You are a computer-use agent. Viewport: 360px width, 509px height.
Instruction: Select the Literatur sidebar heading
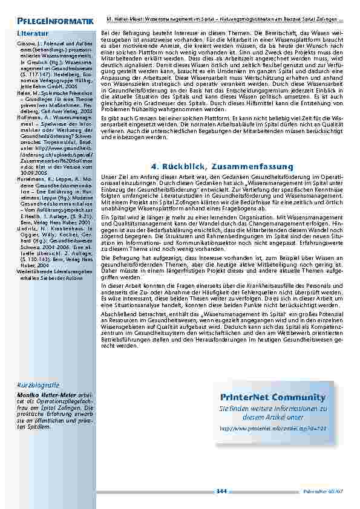point(31,33)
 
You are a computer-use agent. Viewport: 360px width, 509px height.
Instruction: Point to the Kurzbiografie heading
point(38,384)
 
